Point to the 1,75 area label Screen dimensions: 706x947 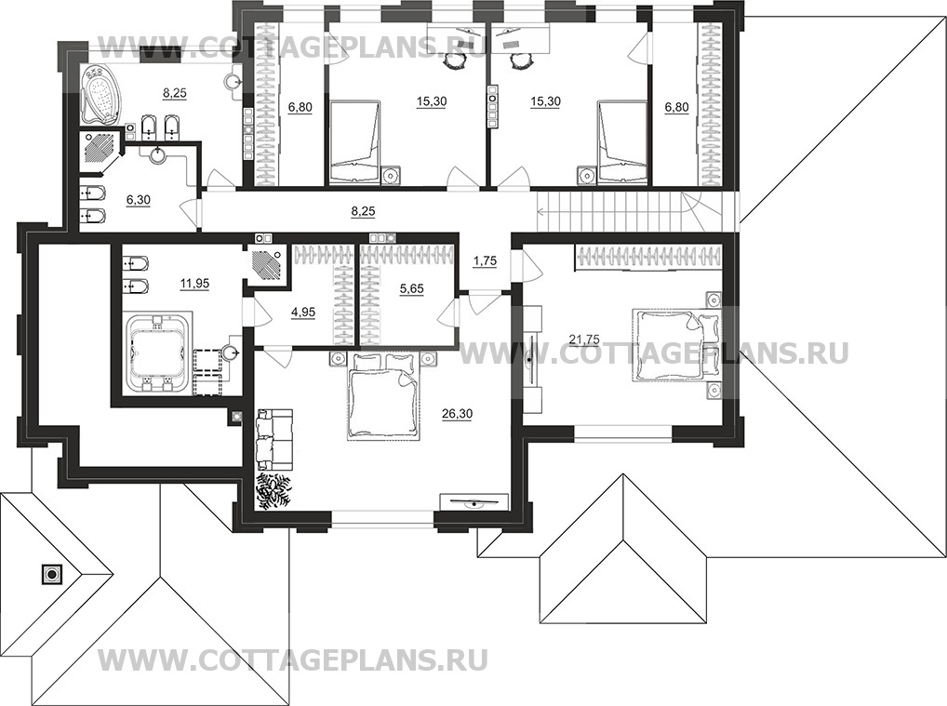485,262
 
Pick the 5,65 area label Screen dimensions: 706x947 410,289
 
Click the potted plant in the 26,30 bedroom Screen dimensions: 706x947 274,490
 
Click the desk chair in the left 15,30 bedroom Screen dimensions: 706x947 453,60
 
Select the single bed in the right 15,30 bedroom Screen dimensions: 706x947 620,143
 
